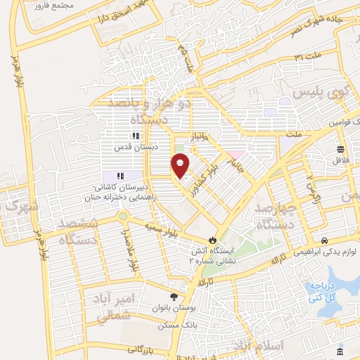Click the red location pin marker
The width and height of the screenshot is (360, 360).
(181, 165)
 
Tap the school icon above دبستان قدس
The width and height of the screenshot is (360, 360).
(135, 136)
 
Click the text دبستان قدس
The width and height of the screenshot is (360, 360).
(134, 148)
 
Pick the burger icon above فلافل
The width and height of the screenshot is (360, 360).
(340, 148)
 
